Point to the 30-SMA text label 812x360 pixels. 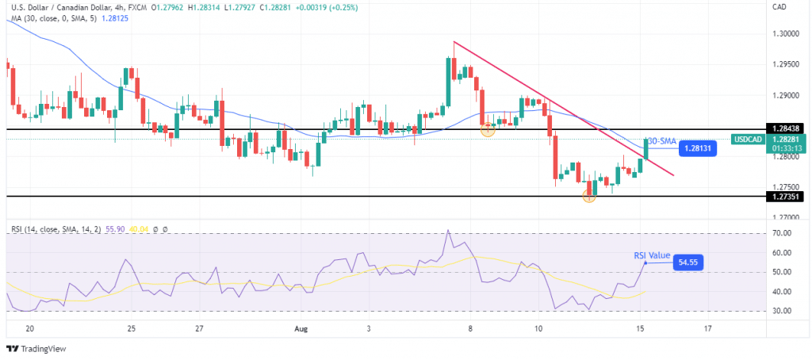[662, 140]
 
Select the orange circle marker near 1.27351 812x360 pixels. [589, 195]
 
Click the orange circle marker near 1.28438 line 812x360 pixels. [488, 129]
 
